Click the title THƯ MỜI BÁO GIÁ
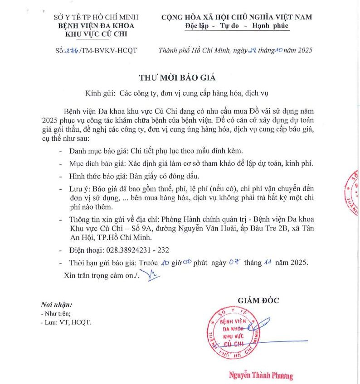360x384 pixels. [x=177, y=77]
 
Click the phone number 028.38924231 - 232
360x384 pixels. [x=144, y=250]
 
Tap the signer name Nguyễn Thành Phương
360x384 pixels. [x=261, y=375]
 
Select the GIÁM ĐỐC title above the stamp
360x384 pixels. [x=258, y=300]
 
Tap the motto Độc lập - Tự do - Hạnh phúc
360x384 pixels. [x=237, y=26]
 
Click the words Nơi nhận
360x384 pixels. [x=56, y=305]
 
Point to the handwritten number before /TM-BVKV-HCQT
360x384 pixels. [x=73, y=51]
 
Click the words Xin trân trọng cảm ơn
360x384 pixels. [x=99, y=275]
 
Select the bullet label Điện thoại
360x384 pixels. [x=86, y=250]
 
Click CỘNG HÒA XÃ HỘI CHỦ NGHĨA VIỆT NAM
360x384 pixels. [x=237, y=17]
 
